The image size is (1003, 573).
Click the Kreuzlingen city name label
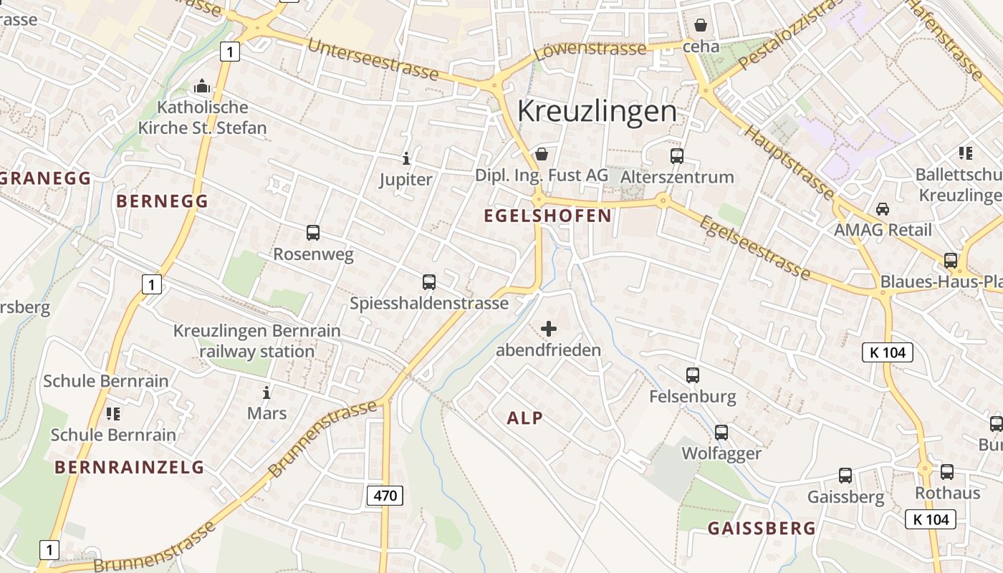point(596,111)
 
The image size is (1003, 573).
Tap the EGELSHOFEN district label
point(548,216)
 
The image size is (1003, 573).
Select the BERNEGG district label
point(162,201)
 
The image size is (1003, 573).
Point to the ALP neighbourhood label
point(524,418)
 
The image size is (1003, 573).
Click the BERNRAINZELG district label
point(130,468)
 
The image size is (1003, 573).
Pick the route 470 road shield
point(385,495)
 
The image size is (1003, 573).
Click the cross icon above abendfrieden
point(549,329)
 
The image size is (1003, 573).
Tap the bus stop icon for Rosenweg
point(313,232)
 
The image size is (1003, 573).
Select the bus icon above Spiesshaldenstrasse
point(429,281)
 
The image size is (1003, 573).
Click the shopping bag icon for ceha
point(700,26)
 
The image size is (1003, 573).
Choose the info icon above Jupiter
point(406,158)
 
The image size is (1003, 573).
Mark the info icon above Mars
point(267,393)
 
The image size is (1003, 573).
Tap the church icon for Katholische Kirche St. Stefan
point(203,87)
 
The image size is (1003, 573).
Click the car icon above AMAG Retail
point(883,208)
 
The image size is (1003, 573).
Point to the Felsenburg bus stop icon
point(692,375)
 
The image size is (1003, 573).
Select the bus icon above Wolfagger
point(721,432)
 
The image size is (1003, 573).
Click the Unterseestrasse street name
point(373,59)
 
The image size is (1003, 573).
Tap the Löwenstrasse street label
point(590,50)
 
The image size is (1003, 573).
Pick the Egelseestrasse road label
point(755,247)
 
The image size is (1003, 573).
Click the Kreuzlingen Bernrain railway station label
point(257,341)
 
